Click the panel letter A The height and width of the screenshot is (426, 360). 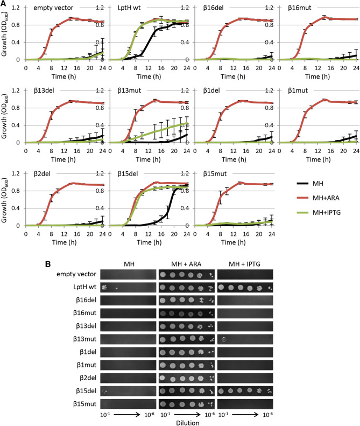point(4,4)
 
